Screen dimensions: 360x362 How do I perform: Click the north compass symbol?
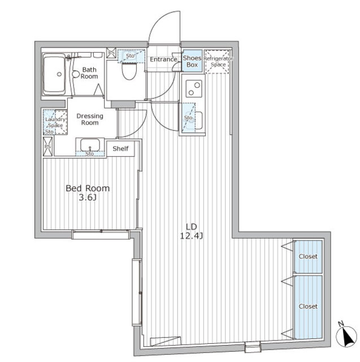(346, 337)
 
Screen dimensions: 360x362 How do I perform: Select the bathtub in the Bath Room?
(54, 74)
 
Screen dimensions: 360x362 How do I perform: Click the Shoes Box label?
(192, 62)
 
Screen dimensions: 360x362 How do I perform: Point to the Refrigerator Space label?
(218, 62)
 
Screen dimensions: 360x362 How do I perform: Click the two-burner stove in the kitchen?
(194, 89)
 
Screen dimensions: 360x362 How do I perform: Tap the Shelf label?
(120, 149)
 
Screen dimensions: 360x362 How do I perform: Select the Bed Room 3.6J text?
(88, 192)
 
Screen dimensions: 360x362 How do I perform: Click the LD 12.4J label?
(192, 231)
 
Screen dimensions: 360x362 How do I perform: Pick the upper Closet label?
(308, 256)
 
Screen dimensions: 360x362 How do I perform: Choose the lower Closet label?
(308, 307)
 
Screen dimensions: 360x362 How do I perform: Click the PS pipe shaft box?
(48, 146)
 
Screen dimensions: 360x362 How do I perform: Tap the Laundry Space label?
(55, 122)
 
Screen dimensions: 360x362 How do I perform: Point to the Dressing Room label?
(90, 119)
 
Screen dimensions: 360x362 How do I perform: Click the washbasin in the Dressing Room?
(90, 145)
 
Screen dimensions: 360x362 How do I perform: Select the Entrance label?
(163, 59)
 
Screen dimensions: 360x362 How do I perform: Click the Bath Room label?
(89, 73)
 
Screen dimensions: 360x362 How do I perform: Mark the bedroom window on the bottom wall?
(101, 235)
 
